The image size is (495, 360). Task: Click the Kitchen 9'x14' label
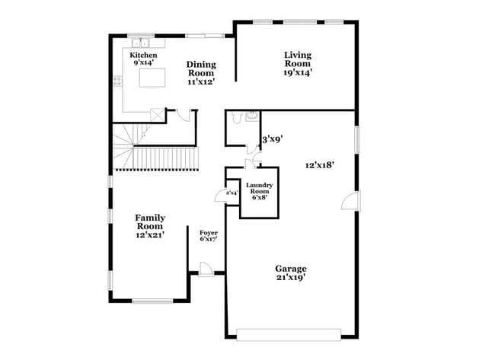coord(143,60)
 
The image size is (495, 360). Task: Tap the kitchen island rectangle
coord(149,78)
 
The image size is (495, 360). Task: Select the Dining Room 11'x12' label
coord(201,72)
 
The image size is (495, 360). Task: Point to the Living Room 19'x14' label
coord(298,63)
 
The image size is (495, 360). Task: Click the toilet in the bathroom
coord(237,118)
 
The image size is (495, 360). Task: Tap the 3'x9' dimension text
coord(272,139)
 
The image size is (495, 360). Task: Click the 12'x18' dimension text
coord(320,164)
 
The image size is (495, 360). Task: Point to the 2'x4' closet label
coord(232,193)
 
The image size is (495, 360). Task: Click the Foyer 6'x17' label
coord(209,236)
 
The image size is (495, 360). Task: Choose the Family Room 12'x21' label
coord(150,226)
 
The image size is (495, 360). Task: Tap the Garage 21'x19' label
coord(291,273)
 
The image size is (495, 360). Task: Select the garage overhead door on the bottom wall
coord(289,334)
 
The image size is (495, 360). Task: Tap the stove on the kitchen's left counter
coord(117,78)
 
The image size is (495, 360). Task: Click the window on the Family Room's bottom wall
coord(152,301)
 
